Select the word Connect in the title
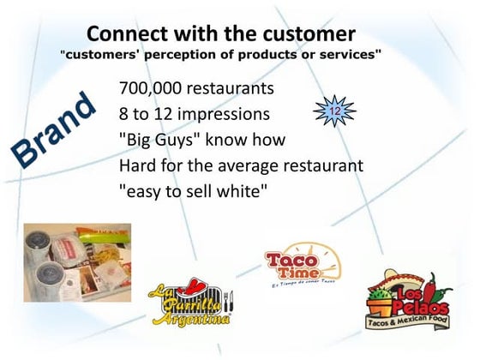[x=128, y=33]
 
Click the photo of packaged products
[x=76, y=262]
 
